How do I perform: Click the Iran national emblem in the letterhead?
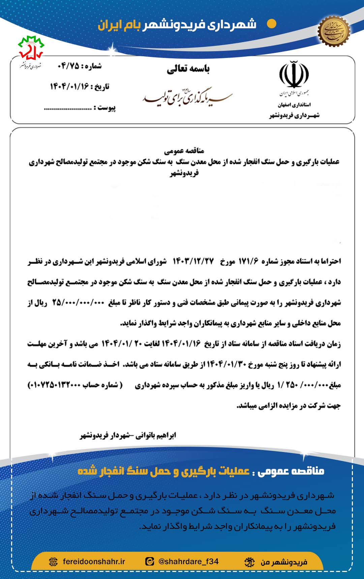294,74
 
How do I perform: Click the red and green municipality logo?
31,47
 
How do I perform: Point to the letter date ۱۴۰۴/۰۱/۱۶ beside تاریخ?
69,87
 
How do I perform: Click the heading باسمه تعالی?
188,69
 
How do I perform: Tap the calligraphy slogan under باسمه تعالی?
187,96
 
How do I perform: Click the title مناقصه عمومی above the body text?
184,151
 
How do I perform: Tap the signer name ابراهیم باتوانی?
156,436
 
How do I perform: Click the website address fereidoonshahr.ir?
94,561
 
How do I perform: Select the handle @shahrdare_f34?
188,561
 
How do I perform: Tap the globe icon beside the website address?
53,561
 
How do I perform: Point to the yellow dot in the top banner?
271,24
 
